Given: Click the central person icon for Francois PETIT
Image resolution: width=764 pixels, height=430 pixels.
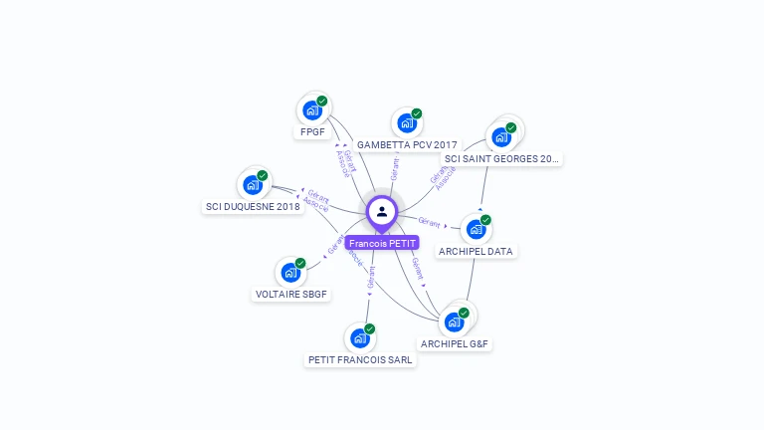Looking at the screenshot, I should click(382, 212).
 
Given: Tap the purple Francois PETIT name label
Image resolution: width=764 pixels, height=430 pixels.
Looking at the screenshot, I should click(382, 243).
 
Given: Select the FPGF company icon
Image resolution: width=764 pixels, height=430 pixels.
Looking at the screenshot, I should click(311, 110).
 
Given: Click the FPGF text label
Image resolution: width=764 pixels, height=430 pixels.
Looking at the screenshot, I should click(312, 132).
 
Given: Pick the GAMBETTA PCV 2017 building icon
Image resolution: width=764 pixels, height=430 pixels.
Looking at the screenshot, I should click(406, 123).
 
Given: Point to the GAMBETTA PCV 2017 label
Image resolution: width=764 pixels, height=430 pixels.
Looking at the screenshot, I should click(407, 145).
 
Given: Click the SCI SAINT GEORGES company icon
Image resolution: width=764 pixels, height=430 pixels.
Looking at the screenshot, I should click(500, 136).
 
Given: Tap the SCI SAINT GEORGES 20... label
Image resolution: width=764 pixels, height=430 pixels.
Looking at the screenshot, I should click(501, 158).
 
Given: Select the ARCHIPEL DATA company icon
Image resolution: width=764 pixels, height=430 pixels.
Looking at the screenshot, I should click(476, 229).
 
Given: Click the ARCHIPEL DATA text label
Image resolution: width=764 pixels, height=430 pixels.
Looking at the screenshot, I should click(476, 252).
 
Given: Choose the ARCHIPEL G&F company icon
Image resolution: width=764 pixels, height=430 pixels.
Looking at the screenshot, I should click(455, 322).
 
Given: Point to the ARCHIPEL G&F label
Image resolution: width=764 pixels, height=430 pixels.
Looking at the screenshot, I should click(456, 344).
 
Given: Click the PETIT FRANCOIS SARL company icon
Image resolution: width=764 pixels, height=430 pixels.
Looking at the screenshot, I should click(360, 338).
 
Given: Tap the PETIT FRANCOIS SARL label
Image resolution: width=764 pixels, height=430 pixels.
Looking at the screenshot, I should click(360, 360).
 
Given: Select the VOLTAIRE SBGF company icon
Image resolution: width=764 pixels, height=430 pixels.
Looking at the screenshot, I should click(290, 272).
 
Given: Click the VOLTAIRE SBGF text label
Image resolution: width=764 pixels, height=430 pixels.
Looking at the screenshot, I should click(291, 295).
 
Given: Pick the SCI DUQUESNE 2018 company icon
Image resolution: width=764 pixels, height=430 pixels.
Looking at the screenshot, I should click(253, 185).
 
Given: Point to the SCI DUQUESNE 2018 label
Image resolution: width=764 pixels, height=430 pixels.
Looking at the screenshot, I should click(253, 207).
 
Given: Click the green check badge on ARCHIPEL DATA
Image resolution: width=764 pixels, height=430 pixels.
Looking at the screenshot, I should click(485, 219).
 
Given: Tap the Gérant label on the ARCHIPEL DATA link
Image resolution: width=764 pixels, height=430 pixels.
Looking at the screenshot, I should click(429, 222).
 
